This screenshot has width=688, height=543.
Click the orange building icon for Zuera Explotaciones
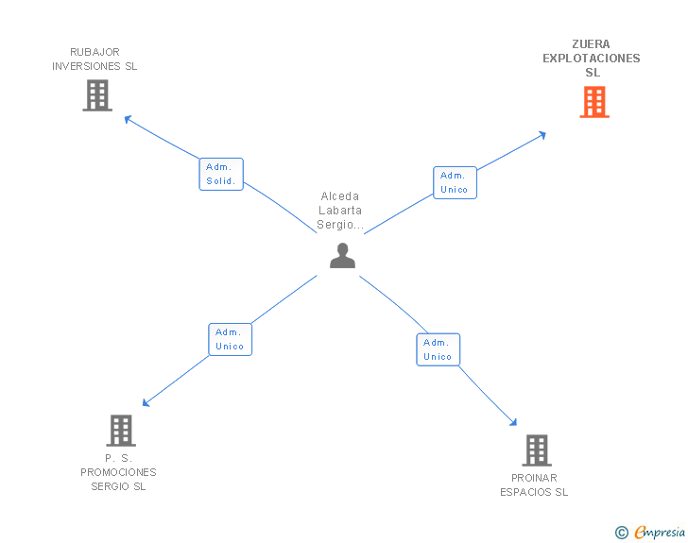(x=594, y=102)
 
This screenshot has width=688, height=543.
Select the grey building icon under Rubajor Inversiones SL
(x=97, y=95)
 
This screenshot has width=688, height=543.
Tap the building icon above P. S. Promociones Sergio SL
(x=121, y=431)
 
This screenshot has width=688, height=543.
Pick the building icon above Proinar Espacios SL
(x=537, y=450)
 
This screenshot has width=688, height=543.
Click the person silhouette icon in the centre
(x=342, y=255)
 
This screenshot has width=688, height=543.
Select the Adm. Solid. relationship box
(x=221, y=174)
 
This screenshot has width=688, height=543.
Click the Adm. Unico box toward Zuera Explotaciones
(x=455, y=182)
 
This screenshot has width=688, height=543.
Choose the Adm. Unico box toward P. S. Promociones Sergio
(x=231, y=339)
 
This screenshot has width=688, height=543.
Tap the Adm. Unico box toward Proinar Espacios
(x=438, y=349)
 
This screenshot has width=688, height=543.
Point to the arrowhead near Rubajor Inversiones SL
(x=128, y=118)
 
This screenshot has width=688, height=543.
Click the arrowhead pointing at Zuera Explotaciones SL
(x=542, y=135)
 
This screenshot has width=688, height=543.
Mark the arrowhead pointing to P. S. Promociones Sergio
(x=146, y=402)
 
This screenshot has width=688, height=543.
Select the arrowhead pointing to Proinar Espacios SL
(x=513, y=422)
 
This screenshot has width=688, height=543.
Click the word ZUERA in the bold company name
(x=591, y=44)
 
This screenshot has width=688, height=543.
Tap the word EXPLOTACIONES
(x=592, y=59)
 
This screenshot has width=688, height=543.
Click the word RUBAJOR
(x=95, y=52)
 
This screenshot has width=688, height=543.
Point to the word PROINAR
(x=534, y=478)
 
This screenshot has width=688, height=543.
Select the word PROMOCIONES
(x=118, y=472)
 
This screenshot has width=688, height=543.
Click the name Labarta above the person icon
(x=340, y=211)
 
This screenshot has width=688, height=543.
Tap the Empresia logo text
(x=660, y=533)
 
